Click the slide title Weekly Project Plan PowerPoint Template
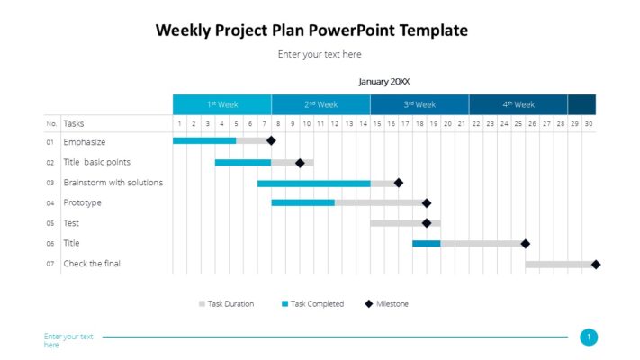click(311, 30)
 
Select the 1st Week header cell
click(221, 104)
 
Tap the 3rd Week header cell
click(419, 104)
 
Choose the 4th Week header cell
click(518, 104)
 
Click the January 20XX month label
click(383, 81)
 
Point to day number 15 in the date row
click(377, 123)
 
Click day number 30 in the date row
click(589, 123)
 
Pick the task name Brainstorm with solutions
click(113, 183)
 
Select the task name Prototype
click(82, 202)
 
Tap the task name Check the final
click(92, 264)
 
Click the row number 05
click(50, 223)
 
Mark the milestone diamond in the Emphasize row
click(271, 140)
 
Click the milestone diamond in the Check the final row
click(596, 264)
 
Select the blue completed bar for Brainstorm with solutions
click(313, 183)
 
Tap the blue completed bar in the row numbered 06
click(427, 243)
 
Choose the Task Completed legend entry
click(316, 304)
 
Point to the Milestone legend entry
click(391, 304)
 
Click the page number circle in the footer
click(589, 337)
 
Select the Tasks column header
click(74, 123)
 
